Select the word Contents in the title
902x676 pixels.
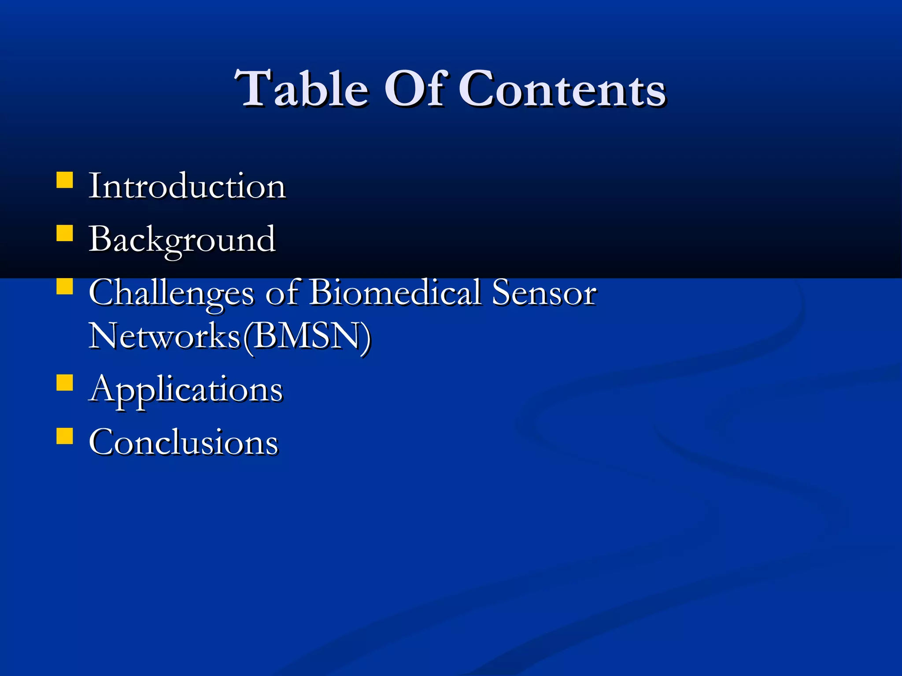[x=562, y=90]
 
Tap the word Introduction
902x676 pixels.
[x=187, y=186]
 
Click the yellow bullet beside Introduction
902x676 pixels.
[x=65, y=180]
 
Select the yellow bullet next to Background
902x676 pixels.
[x=65, y=233]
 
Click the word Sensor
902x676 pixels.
[x=544, y=293]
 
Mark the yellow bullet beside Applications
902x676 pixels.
[x=65, y=383]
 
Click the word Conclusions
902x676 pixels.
[x=183, y=442]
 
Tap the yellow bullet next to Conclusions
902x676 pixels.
[x=65, y=436]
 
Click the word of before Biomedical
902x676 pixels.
[x=282, y=293]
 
